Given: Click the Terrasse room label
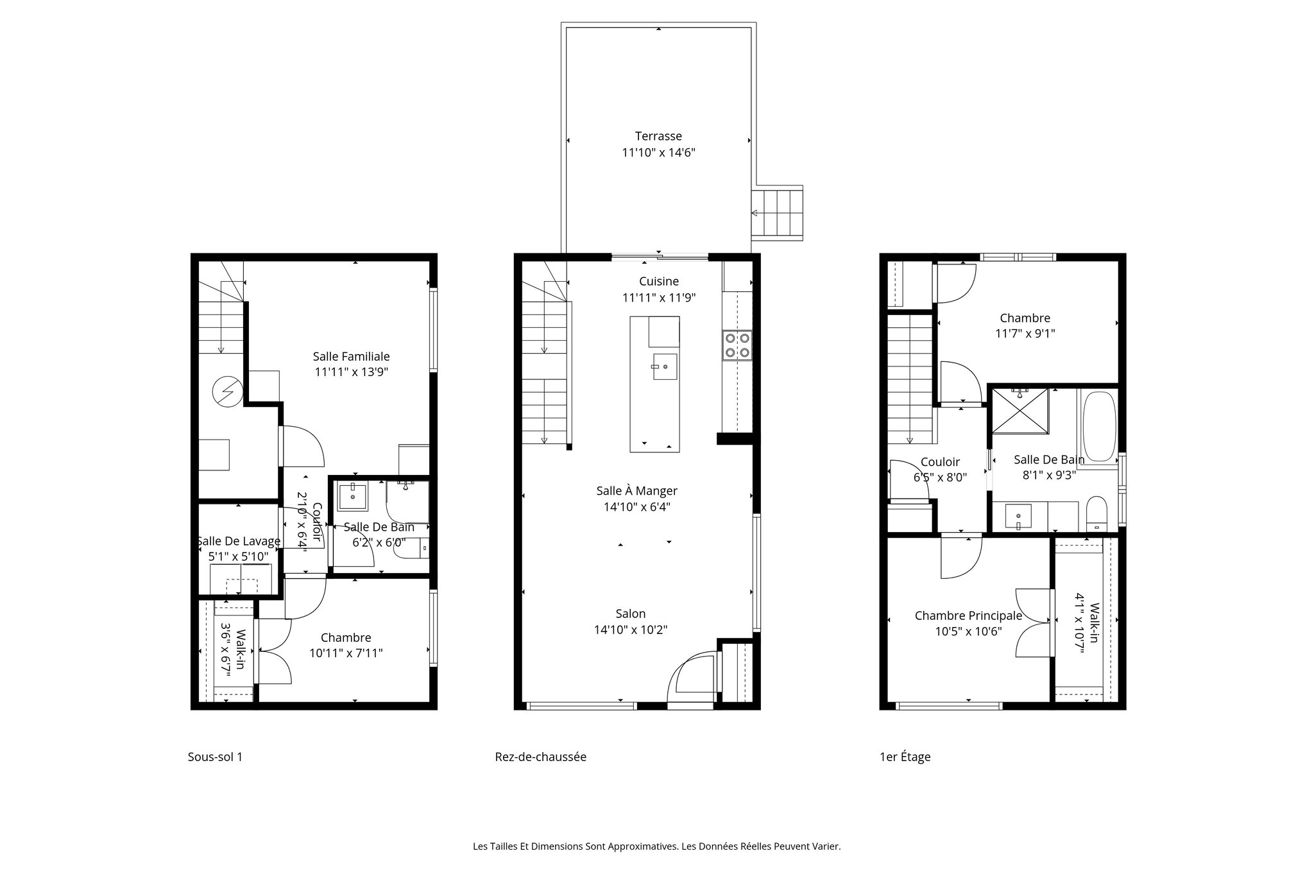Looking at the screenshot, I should click(x=658, y=136).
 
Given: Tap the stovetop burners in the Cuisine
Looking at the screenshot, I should click(x=737, y=345).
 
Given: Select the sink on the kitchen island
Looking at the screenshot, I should click(x=665, y=366).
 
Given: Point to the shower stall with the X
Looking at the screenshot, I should click(x=1021, y=411).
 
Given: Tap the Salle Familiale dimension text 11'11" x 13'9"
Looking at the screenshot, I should click(x=351, y=372).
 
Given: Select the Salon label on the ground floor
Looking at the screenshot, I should click(x=631, y=614).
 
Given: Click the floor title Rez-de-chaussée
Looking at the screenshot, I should click(x=540, y=757).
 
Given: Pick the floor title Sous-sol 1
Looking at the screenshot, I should click(x=215, y=757).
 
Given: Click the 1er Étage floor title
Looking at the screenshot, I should click(x=905, y=757).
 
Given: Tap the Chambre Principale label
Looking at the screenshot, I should click(x=968, y=616).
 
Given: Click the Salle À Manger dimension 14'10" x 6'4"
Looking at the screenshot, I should click(x=636, y=507).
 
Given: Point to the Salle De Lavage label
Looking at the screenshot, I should click(x=239, y=541).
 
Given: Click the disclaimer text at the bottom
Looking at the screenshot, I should click(x=656, y=846).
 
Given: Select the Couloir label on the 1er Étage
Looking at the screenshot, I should click(x=940, y=462).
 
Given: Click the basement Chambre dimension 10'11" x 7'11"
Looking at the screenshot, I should click(x=346, y=653).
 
